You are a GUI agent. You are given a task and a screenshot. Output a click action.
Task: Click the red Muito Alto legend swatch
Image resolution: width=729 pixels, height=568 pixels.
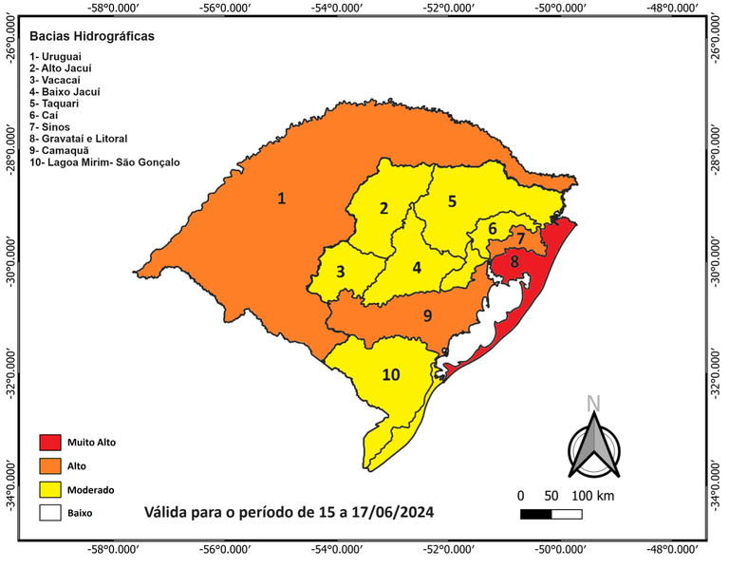click(50, 443)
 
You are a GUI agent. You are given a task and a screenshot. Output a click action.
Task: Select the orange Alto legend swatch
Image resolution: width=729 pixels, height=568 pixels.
click(50, 466)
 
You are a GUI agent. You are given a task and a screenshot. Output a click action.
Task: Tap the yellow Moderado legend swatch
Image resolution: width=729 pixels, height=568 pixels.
click(50, 490)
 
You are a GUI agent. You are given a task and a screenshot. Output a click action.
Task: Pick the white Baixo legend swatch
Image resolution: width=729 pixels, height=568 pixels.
click(50, 514)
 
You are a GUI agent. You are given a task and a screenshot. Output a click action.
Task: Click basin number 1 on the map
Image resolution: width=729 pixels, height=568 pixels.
click(281, 199)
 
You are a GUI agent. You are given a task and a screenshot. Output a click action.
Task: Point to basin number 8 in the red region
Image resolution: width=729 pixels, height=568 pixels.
click(514, 261)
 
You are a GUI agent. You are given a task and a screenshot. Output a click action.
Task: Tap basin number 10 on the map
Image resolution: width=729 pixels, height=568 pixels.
click(391, 374)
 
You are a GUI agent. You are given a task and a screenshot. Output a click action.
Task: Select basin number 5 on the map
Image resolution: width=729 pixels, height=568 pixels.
click(453, 200)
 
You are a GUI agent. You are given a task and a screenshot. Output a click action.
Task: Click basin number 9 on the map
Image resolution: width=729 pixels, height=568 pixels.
click(428, 315)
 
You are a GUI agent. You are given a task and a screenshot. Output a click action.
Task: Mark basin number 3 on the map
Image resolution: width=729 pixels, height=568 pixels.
click(340, 271)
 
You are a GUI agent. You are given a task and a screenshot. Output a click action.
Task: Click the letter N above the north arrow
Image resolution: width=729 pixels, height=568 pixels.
click(593, 403)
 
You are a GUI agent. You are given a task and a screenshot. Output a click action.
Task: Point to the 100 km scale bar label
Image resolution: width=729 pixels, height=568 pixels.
click(594, 497)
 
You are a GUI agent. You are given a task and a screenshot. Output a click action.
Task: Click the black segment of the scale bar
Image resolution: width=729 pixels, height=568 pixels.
click(536, 514)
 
